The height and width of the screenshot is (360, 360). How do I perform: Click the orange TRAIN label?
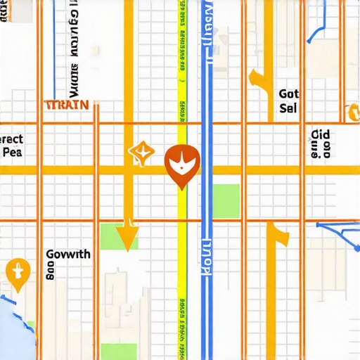(x=67, y=105)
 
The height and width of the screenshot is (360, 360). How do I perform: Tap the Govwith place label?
(x=67, y=255)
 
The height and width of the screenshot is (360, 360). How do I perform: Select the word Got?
(x=288, y=94)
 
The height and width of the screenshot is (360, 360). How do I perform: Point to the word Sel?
(x=288, y=109)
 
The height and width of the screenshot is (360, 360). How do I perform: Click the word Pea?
(x=11, y=151)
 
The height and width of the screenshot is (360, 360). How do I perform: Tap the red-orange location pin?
(x=182, y=166)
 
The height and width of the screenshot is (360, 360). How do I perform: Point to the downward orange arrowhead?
(x=127, y=236)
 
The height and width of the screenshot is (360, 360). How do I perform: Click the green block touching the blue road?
(x=226, y=200)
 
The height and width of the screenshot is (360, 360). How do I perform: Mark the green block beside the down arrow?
(x=112, y=237)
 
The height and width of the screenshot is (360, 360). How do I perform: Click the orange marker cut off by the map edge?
(x=354, y=111)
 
